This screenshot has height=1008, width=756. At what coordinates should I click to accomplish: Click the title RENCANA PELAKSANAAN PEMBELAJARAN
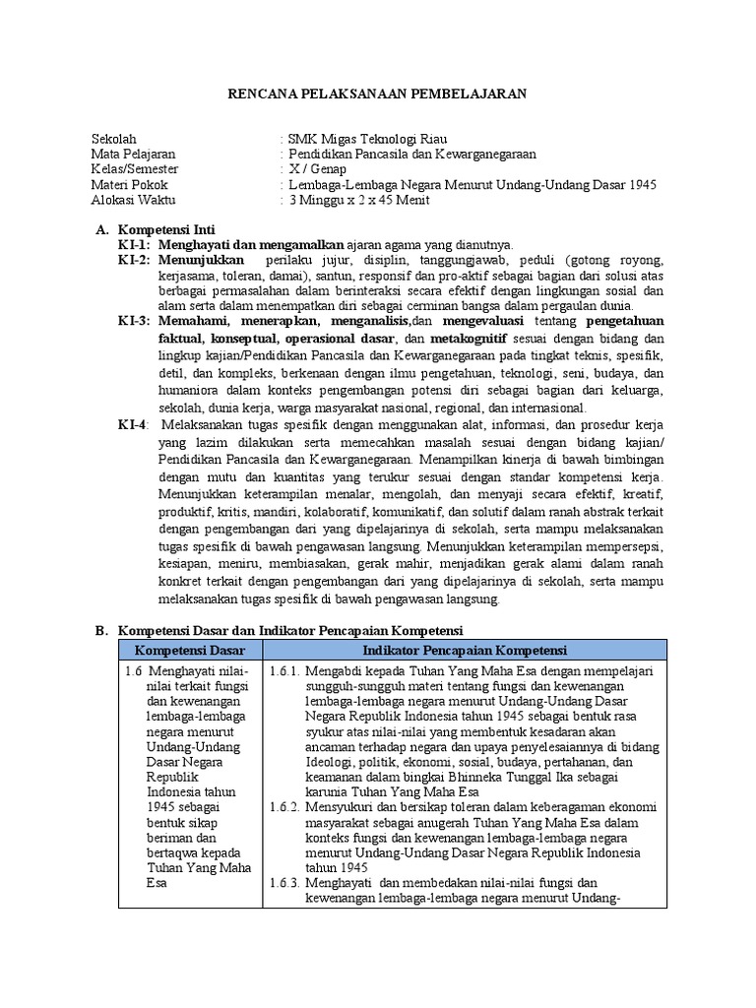[378, 94]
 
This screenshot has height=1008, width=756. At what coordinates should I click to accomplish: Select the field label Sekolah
[114, 139]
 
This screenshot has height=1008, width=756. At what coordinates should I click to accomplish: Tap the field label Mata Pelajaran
[133, 155]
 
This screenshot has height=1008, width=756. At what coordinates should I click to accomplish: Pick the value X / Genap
[315, 169]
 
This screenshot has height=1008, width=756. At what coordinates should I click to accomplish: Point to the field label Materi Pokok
[129, 185]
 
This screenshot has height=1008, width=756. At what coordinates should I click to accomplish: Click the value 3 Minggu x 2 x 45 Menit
[358, 200]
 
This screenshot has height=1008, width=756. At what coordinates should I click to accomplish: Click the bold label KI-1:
[134, 244]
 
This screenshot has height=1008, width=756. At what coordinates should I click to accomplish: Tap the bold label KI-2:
[134, 260]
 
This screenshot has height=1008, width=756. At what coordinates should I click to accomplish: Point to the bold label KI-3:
[134, 321]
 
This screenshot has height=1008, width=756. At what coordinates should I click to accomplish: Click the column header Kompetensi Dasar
[190, 651]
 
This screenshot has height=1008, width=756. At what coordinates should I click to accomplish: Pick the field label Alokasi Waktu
[133, 200]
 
